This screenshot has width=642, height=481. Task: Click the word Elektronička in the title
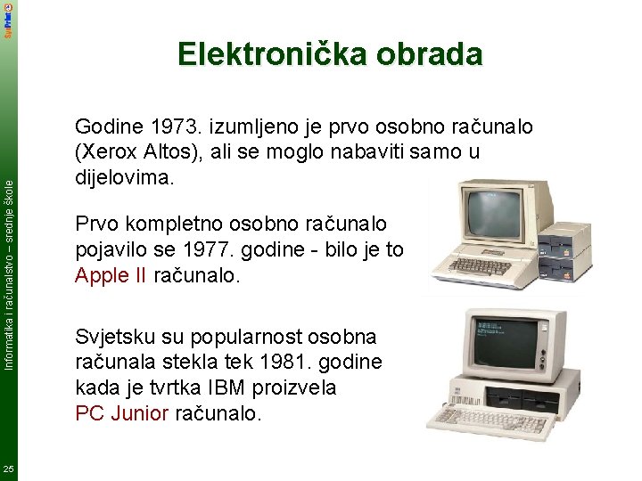pos(254,54)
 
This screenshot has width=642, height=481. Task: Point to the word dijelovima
pos(126,177)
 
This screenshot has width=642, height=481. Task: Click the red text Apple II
pos(111,276)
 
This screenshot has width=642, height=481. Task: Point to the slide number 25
pos(9,469)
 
